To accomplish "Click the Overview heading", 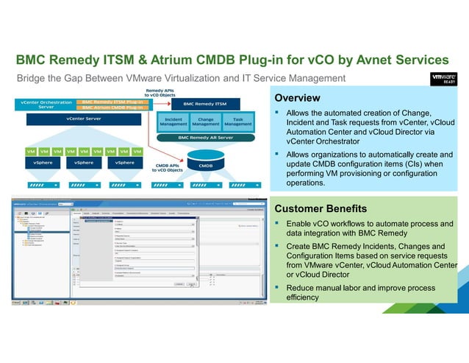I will tap(297, 98).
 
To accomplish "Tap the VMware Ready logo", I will tap(443, 79).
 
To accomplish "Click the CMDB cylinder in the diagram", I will tap(206, 161).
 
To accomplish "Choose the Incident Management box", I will tap(174, 121).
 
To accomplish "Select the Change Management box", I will tap(206, 121).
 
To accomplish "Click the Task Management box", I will tap(237, 121).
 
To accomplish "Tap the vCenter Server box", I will tap(83, 118).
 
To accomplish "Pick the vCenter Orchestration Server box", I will tap(46, 105).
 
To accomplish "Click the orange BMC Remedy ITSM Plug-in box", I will tap(112, 102).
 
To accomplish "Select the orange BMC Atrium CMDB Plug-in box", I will tap(112, 108).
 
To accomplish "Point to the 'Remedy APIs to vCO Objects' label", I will tap(159, 93).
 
